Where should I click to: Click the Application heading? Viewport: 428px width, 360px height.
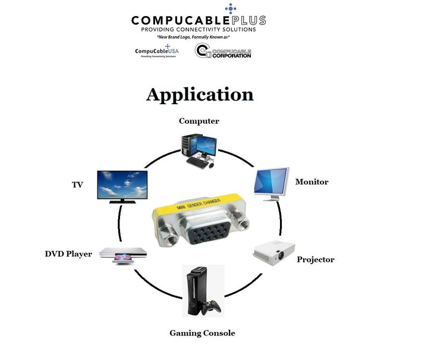[200, 95]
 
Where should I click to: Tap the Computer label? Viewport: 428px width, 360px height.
[199, 121]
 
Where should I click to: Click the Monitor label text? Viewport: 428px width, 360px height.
[311, 181]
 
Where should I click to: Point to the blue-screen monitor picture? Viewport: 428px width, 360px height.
[271, 183]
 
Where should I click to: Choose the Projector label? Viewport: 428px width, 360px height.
[315, 259]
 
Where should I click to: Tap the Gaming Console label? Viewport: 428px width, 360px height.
[202, 333]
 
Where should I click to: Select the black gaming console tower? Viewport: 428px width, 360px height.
[196, 292]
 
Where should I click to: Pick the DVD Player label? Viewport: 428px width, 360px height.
[68, 254]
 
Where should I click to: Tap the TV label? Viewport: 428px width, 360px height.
[77, 184]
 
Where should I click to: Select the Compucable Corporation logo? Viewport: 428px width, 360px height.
[223, 52]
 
